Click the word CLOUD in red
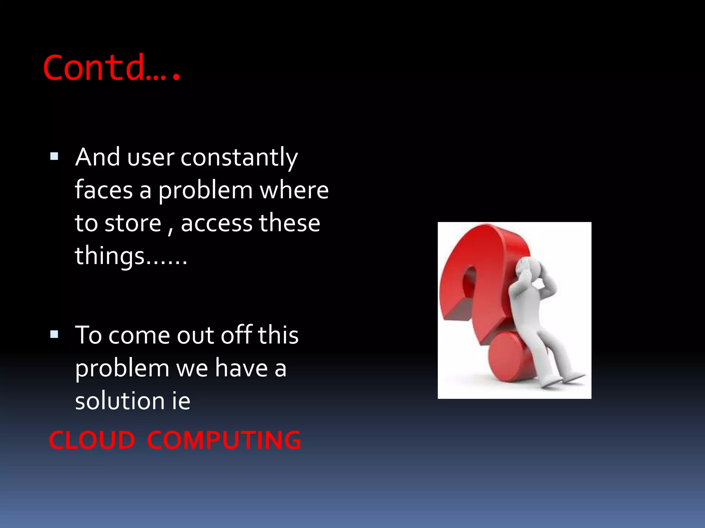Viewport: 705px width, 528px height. coord(92,440)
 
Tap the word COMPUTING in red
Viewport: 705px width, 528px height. coord(224,440)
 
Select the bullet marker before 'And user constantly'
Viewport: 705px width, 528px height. coord(54,157)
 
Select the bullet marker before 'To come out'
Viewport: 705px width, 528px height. coord(54,334)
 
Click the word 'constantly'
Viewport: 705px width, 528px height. coord(239,157)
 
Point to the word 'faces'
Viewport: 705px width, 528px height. coord(104,190)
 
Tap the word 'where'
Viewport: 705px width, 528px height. coord(294,190)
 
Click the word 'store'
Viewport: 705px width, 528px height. coord(133,223)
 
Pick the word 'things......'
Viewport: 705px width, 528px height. coord(131,256)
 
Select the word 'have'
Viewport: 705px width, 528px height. coord(241,368)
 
